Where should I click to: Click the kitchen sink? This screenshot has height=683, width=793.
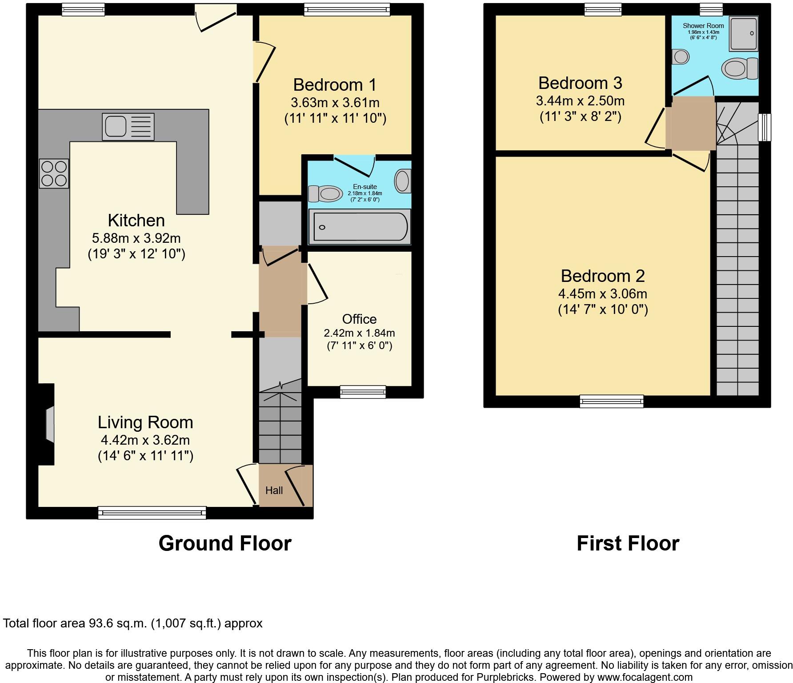[x=128, y=127]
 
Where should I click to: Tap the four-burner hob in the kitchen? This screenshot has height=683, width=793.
[x=54, y=173]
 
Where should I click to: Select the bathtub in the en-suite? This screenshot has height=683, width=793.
[x=359, y=227]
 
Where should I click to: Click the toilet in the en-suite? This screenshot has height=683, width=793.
[x=325, y=193]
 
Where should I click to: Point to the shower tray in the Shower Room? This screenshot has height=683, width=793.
[x=743, y=34]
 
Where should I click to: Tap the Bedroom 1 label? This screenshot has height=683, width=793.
[x=335, y=84]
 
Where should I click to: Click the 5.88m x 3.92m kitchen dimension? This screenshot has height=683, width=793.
[x=136, y=238]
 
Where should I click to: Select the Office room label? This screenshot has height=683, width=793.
[x=359, y=319]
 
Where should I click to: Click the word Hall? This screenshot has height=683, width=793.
[x=274, y=490]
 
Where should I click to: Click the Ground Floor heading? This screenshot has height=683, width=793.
[x=225, y=543]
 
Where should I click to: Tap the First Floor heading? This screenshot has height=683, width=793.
[x=628, y=543]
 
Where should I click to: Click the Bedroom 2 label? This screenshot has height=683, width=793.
[x=602, y=276]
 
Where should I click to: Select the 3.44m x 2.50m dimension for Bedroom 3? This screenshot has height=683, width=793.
[x=580, y=101]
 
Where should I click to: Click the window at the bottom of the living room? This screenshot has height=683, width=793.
[x=152, y=513]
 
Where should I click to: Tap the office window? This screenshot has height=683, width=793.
[x=363, y=391]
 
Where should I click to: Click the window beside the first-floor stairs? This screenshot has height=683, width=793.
[x=765, y=128]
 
